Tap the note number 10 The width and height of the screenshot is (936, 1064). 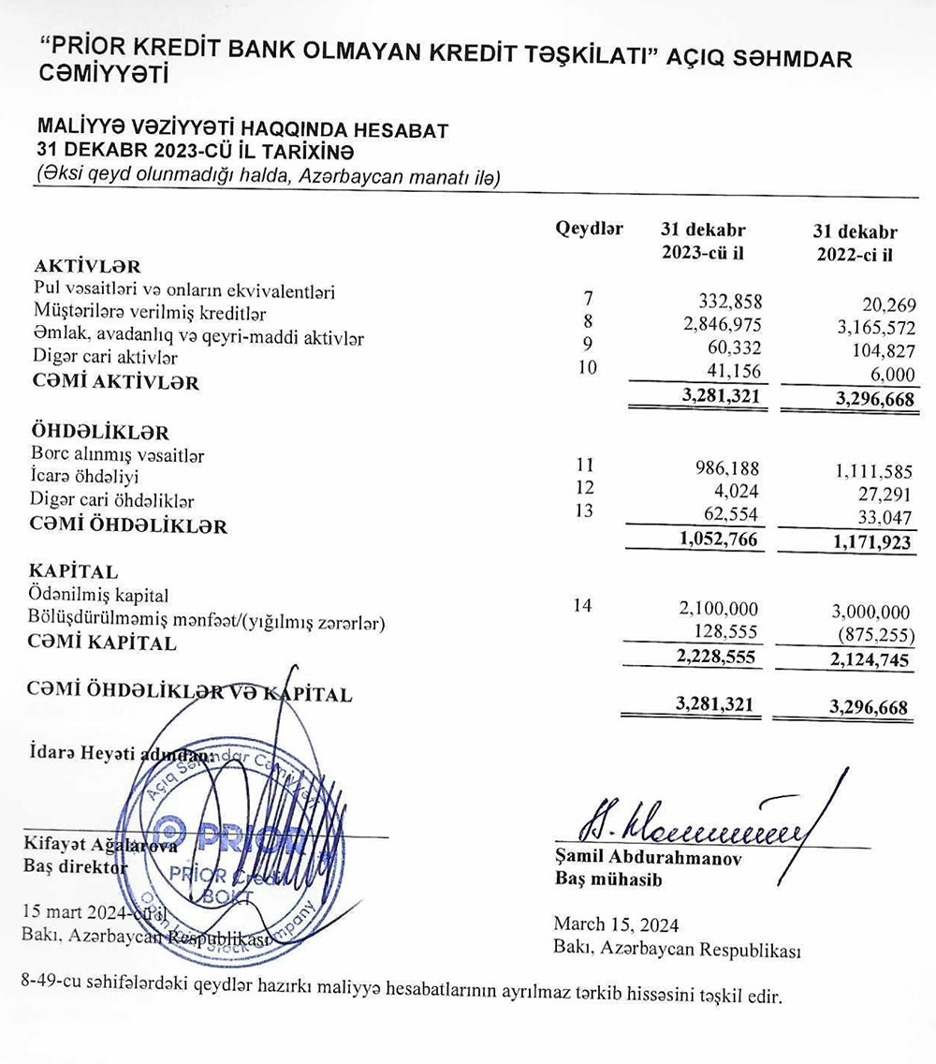tap(587, 365)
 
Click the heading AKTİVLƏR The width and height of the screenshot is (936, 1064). tap(86, 266)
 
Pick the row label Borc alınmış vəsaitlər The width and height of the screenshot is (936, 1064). tap(118, 456)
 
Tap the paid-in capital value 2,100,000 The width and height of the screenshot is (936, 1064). tap(718, 609)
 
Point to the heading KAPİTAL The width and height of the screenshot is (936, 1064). tap(74, 571)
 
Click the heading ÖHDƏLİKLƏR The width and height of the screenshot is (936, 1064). tap(101, 434)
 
